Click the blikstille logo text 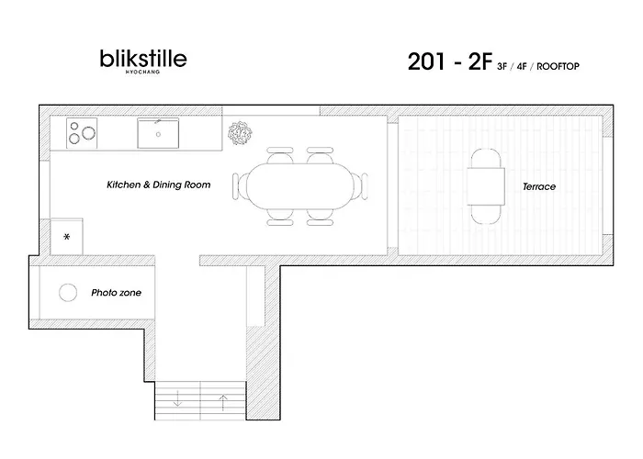tap(143, 59)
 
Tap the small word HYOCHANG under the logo tap(142, 72)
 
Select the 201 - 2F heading tap(449, 62)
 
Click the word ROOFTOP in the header tap(558, 66)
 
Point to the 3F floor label tap(502, 66)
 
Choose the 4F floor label tap(522, 66)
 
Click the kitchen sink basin tap(158, 134)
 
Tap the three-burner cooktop tap(82, 133)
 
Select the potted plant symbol tap(240, 133)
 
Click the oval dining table tap(299, 186)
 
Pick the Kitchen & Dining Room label tap(159, 185)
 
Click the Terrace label tap(539, 187)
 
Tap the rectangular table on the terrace tap(486, 186)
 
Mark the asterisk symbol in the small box tap(67, 237)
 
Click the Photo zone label tap(116, 293)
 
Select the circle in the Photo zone tap(68, 293)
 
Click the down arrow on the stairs tap(177, 398)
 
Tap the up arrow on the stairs tap(222, 402)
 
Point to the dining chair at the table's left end tap(240, 186)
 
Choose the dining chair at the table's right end tap(360, 186)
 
